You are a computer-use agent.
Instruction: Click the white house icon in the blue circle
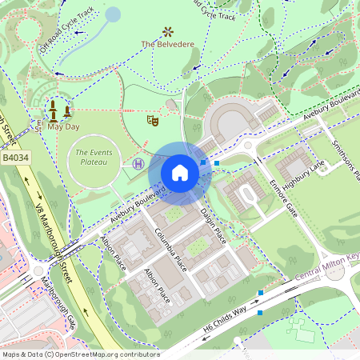(180, 173)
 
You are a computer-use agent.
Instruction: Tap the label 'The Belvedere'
(169, 44)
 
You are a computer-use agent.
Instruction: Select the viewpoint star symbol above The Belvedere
(168, 31)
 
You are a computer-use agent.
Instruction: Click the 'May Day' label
(63, 126)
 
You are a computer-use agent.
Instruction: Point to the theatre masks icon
(150, 120)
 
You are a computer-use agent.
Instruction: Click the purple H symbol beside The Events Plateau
(138, 163)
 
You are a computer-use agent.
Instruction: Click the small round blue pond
(113, 14)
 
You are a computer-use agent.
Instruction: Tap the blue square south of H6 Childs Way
(259, 312)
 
